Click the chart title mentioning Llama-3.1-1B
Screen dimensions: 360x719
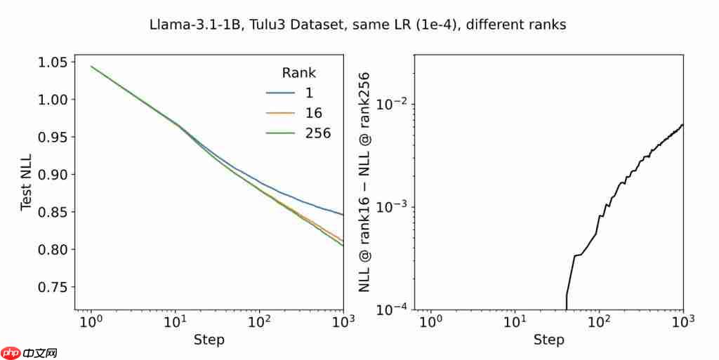(358, 25)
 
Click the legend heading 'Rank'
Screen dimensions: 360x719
(298, 72)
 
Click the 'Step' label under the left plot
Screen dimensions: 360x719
(209, 340)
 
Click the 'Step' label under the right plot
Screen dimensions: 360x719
(548, 340)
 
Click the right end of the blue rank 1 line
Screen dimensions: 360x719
(343, 215)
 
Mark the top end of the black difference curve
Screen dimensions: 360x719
(682, 125)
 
